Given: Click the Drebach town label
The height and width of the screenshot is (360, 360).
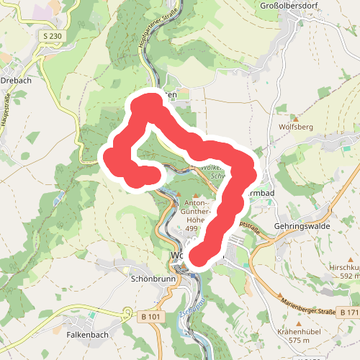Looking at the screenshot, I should click(x=16, y=81).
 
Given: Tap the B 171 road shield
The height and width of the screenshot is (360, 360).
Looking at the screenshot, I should click(x=348, y=312).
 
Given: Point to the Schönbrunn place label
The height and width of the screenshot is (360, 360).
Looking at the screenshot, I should click(x=150, y=278).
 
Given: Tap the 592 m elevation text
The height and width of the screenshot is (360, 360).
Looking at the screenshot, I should click(x=348, y=276).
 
